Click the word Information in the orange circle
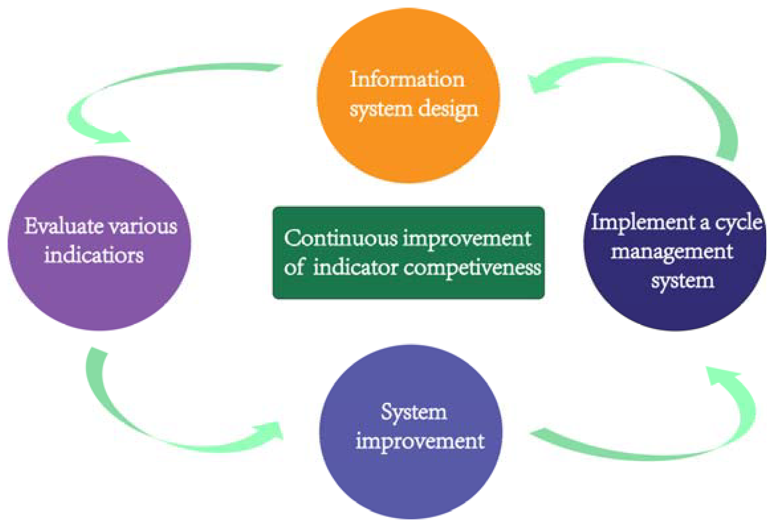coord(407,80)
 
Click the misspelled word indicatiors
coord(94,256)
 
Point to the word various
coord(143,226)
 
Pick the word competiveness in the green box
coord(472,268)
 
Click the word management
coord(672,252)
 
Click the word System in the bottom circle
coord(414,413)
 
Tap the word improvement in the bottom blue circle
coord(420,441)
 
